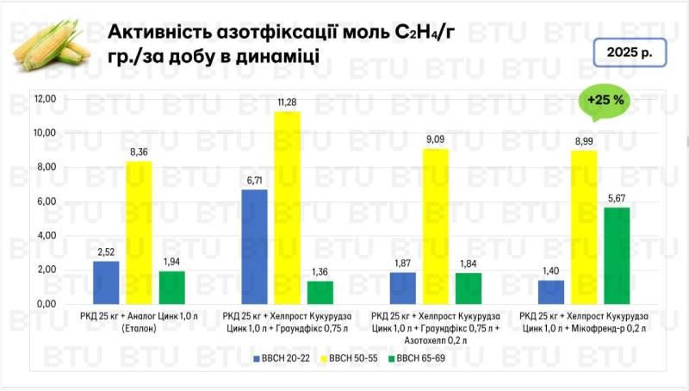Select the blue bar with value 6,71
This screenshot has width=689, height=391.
254,246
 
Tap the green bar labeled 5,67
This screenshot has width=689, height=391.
618,256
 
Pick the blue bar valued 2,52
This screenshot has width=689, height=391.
106,282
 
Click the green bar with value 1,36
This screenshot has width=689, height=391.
320,292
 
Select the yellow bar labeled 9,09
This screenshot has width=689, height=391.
436,226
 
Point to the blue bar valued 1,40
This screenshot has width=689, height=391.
551,292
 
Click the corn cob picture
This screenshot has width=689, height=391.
53,47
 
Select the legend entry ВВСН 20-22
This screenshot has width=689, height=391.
285,356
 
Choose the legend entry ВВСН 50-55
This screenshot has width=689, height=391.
351,356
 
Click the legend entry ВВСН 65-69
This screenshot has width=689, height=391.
418,356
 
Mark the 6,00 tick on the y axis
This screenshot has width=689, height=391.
45,202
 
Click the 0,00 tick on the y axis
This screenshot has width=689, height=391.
45,304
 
